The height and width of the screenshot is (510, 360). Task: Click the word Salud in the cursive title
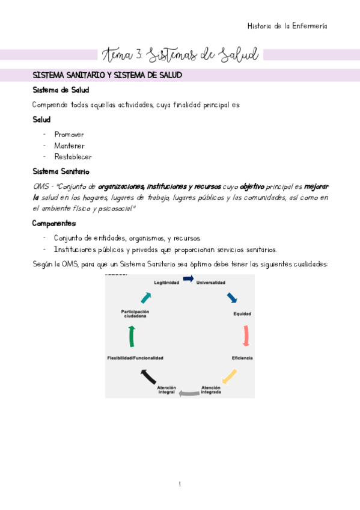pyautogui.click(x=238, y=55)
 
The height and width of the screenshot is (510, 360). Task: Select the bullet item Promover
pyautogui.click(x=69, y=135)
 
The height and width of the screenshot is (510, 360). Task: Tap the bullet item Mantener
pyautogui.click(x=69, y=146)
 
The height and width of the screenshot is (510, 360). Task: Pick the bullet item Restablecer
pyautogui.click(x=73, y=156)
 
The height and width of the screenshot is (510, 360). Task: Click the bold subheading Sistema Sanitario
pyautogui.click(x=61, y=171)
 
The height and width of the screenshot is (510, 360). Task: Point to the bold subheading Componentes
pyautogui.click(x=55, y=223)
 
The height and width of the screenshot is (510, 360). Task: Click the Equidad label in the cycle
pyautogui.click(x=242, y=314)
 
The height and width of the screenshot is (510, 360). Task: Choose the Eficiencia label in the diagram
pyautogui.click(x=242, y=358)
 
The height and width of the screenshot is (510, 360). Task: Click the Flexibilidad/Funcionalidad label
pyautogui.click(x=135, y=358)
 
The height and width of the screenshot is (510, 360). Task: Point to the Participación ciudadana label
pyautogui.click(x=135, y=313)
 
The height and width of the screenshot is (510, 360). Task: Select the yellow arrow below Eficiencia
pyautogui.click(x=230, y=376)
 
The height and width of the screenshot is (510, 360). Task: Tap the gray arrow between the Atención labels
pyautogui.click(x=189, y=393)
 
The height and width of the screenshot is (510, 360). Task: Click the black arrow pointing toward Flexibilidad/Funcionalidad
pyautogui.click(x=148, y=377)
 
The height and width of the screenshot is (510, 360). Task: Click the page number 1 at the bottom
pyautogui.click(x=180, y=485)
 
